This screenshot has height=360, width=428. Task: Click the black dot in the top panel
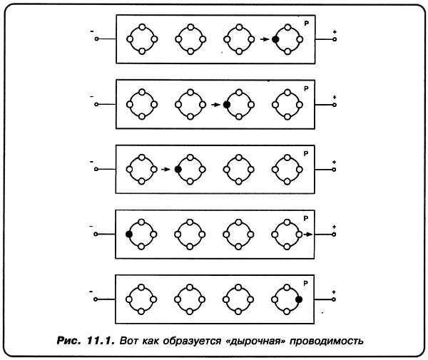pos(275,40)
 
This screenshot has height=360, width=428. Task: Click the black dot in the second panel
pos(226,105)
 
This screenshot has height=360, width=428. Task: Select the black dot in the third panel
pos(177,170)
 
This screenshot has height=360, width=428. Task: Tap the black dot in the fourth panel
pos(128,234)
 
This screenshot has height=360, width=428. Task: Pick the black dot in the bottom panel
pos(299,299)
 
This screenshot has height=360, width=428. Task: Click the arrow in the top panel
pos(265,40)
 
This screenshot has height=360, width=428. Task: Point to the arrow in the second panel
pos(215,105)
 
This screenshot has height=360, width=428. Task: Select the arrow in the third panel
pos(166,170)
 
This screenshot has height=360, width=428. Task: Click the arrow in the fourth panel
pos(307,234)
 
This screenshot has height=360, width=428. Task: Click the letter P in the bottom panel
pos(306,282)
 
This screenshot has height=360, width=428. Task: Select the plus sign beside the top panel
pos(335,31)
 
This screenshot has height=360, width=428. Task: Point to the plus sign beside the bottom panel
pos(335,292)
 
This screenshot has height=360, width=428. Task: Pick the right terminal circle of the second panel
pos(335,105)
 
